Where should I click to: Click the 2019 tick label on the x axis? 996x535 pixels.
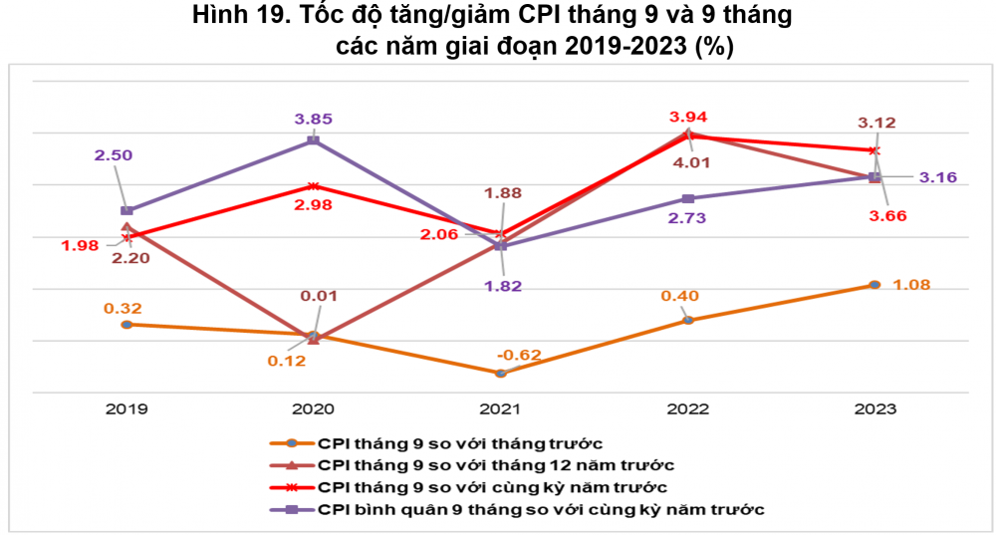(x=126, y=409)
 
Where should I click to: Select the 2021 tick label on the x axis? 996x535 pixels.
(x=501, y=409)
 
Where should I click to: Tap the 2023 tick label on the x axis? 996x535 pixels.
(x=874, y=409)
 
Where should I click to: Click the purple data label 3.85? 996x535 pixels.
(x=313, y=119)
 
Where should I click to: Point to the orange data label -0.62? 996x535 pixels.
(x=519, y=355)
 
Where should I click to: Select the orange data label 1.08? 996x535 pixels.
(x=910, y=285)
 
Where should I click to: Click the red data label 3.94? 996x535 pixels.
(x=687, y=116)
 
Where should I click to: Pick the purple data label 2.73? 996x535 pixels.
(x=687, y=217)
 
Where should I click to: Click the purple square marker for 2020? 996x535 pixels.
(x=314, y=140)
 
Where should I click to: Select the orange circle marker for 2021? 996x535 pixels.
(x=501, y=373)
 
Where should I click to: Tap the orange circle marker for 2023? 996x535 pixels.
(x=874, y=285)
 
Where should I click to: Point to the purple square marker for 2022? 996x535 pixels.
(x=687, y=198)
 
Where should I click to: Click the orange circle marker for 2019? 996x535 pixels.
(x=126, y=324)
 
